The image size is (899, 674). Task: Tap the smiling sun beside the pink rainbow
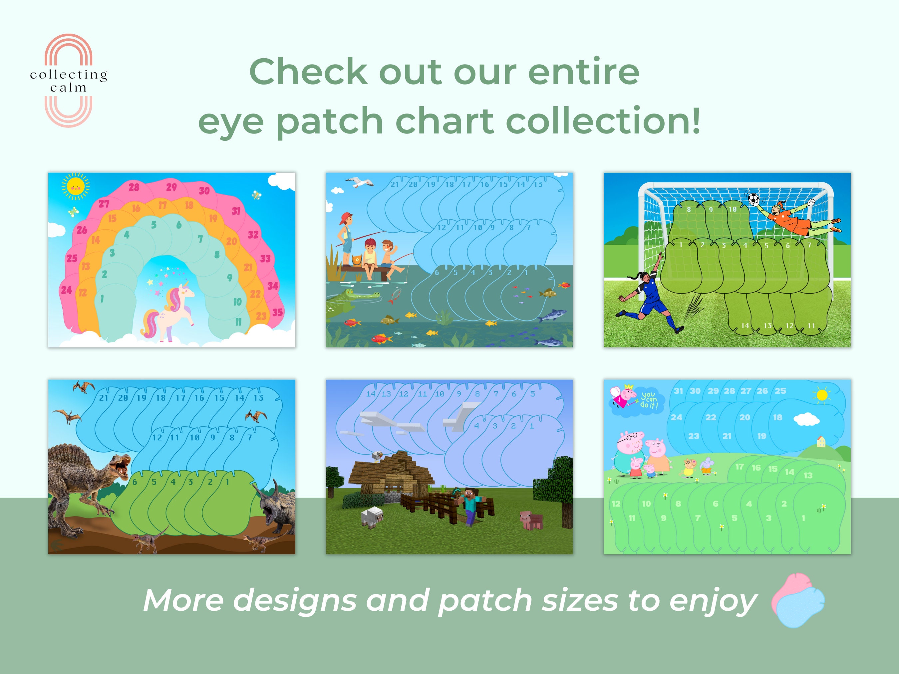point(76,186)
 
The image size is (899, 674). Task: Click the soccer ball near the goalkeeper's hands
point(753,199)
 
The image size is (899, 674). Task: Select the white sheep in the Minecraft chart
point(372,517)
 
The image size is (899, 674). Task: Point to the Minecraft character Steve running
point(471,506)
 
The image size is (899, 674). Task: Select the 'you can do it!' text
point(649,399)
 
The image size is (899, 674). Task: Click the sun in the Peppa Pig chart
point(822,395)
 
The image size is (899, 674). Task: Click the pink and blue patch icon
point(798,600)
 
